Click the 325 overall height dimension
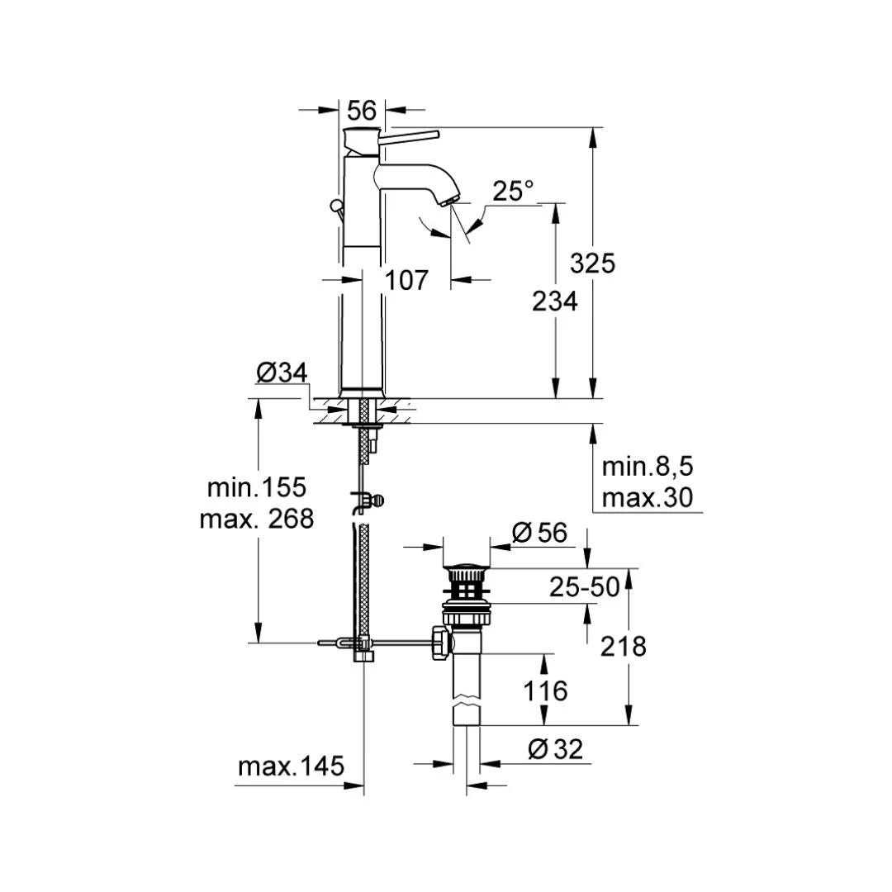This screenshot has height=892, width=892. point(592,263)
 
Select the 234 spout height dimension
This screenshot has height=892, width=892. point(554,301)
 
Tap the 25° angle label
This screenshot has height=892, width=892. point(513,192)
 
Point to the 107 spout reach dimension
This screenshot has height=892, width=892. point(407,280)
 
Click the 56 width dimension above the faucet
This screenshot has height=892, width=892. point(362,109)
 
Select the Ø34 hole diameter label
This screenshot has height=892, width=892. point(282,372)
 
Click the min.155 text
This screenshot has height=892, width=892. point(257,487)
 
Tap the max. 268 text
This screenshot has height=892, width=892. point(257,519)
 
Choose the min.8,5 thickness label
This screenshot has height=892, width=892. point(648,467)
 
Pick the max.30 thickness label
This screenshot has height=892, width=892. point(648,498)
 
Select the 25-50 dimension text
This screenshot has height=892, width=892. point(585,587)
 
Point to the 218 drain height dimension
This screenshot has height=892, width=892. point(623,646)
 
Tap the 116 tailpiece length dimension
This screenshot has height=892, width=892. point(545,690)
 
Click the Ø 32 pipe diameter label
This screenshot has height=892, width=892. point(555,749)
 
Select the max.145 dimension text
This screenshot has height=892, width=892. point(291,766)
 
